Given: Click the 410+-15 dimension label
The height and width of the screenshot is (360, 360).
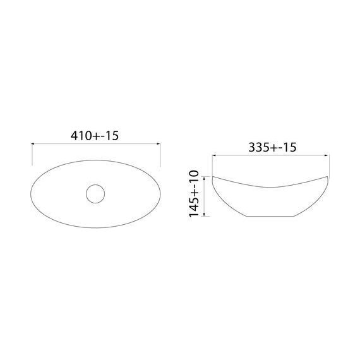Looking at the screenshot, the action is tap(94, 136).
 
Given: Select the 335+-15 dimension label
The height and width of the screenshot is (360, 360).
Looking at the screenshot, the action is tap(272, 147).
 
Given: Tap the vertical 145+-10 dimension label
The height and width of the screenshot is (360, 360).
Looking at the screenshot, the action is tap(194, 193).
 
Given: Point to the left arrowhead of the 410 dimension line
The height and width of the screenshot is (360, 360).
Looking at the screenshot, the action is tap(33, 144).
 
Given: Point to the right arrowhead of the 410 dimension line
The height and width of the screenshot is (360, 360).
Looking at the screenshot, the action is tap(159, 144).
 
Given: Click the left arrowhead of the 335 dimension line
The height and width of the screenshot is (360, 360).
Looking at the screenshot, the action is tap(214, 155).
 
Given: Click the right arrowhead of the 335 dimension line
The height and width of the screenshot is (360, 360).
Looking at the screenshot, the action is tap(327, 155).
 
